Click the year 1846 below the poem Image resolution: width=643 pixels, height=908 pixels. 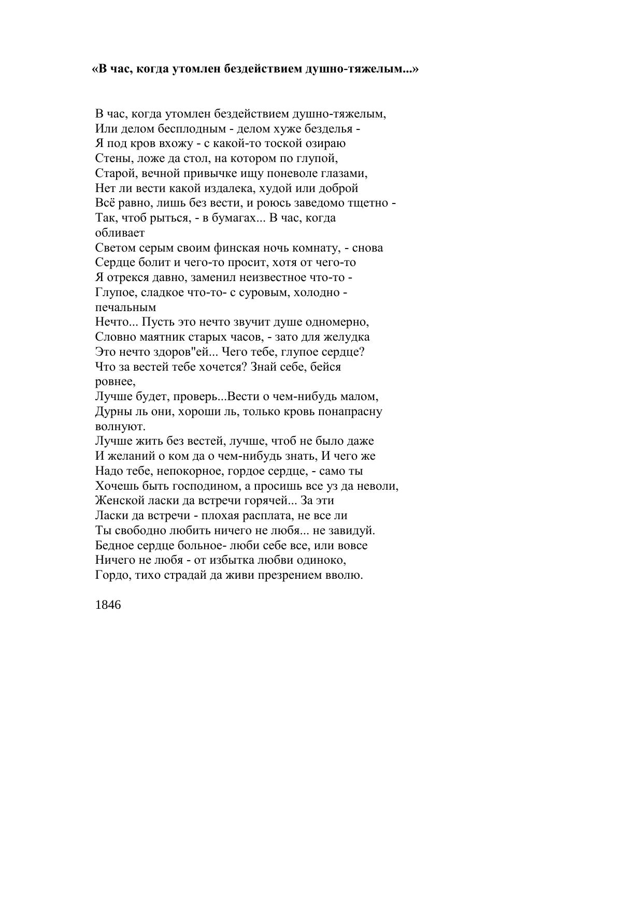click(x=108, y=605)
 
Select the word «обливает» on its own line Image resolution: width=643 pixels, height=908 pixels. click(x=120, y=233)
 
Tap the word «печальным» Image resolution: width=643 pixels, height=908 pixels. click(x=125, y=307)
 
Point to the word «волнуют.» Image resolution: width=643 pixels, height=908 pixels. click(x=120, y=427)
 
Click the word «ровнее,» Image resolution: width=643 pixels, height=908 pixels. click(x=116, y=382)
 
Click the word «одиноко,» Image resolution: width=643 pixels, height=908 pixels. click(x=323, y=560)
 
